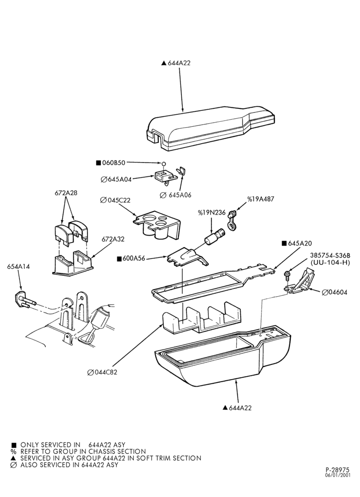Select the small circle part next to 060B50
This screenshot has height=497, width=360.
[x=164, y=164]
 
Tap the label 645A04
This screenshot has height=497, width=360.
[x=119, y=179]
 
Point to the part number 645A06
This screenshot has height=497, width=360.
[x=180, y=195]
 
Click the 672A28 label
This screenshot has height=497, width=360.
[x=66, y=193]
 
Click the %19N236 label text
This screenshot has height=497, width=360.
[x=212, y=212]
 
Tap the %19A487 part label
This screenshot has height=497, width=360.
[x=261, y=199]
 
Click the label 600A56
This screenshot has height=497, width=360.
[x=134, y=258]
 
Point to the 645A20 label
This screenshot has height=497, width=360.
[x=300, y=244]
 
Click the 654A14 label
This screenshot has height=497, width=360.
[x=18, y=267]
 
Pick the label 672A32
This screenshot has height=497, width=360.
[x=113, y=240]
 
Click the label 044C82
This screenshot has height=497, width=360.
[x=105, y=372]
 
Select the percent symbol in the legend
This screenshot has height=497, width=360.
[x=13, y=452]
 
